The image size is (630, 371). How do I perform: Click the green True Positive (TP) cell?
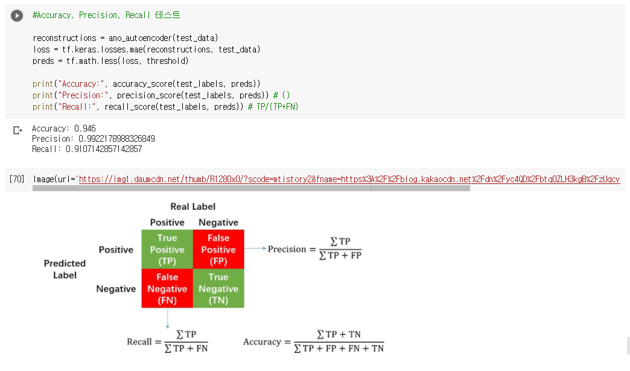pos(167,250)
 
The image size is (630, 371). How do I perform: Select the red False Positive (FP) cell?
pos(218,250)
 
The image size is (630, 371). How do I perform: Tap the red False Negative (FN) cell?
pos(167,288)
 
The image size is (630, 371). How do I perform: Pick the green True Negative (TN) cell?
pos(218,288)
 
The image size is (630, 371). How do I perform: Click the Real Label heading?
pos(192,207)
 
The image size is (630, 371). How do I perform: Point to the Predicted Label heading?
pos(65,269)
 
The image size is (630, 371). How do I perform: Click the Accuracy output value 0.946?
pos(84,128)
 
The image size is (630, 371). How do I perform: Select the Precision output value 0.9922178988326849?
pos(116,139)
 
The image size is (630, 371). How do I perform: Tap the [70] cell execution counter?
pos(17,179)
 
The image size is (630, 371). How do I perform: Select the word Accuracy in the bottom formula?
pos(262,342)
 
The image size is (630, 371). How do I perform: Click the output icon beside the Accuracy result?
pos(17,130)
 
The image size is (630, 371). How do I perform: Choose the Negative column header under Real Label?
pos(218,223)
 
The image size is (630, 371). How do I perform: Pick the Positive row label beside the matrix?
pos(116,250)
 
